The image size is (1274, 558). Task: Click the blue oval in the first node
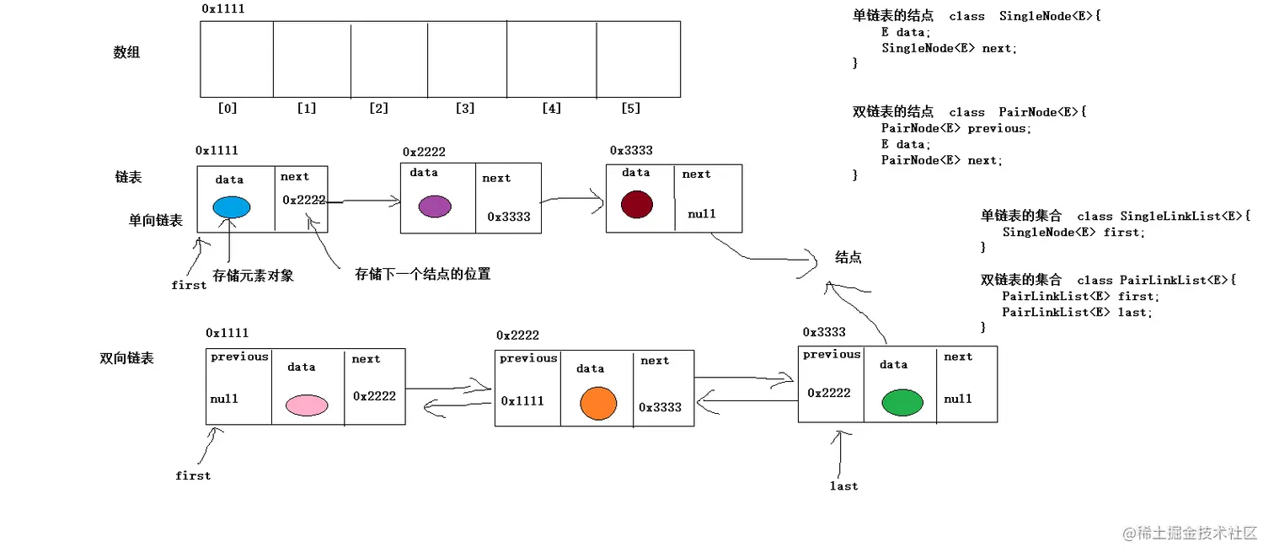232,207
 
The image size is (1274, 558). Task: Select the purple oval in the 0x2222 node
435,207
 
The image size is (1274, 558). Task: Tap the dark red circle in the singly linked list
637,205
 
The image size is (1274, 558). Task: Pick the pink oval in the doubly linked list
306,405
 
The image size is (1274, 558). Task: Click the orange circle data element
599,403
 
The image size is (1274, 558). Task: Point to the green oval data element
902,403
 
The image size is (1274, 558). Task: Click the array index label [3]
464,108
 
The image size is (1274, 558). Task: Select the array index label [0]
227,108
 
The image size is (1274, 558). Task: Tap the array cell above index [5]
638,59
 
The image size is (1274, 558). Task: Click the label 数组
126,52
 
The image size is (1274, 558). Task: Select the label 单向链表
155,220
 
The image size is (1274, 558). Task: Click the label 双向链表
127,358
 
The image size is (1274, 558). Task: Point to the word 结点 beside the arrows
848,257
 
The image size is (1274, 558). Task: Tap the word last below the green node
843,486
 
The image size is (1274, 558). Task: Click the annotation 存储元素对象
253,276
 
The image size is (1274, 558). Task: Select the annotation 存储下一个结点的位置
422,274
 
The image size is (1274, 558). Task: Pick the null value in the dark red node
701,214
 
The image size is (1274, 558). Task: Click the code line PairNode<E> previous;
955,128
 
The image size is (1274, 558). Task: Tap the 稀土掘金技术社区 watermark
1196,534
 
